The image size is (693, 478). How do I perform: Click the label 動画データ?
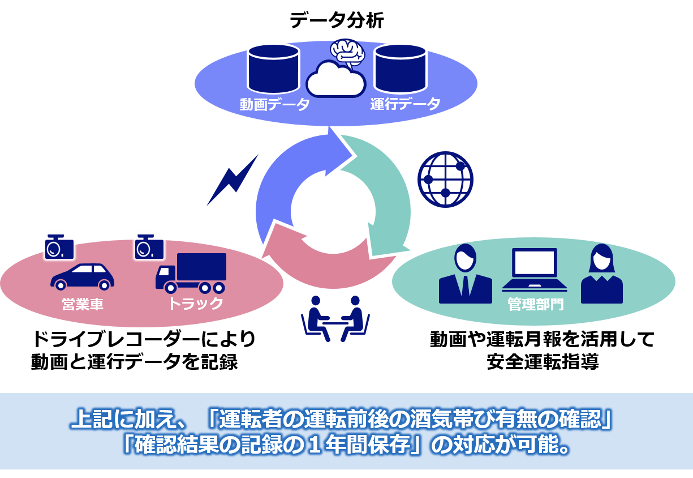point(274,105)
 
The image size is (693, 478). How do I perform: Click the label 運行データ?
point(405,105)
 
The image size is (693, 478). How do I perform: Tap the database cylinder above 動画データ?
point(273,69)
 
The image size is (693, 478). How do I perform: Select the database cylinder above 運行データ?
point(400,69)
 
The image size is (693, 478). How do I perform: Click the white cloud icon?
point(335,80)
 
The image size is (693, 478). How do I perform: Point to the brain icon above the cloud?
point(347,52)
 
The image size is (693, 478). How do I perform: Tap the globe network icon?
point(445,180)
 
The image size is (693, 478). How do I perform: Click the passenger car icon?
point(83,276)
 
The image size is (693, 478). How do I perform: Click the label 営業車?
point(83,304)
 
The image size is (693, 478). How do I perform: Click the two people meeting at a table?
point(335,318)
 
